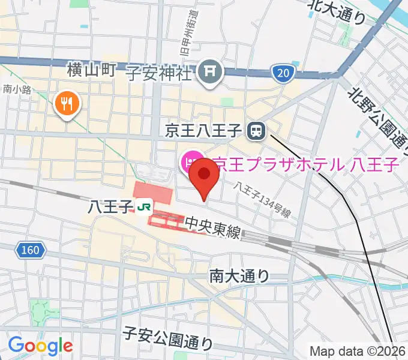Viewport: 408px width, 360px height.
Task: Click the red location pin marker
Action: pyautogui.click(x=205, y=175)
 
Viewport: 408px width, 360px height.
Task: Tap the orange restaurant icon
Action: pyautogui.click(x=67, y=104)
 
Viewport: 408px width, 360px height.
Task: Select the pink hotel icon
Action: pyautogui.click(x=189, y=161)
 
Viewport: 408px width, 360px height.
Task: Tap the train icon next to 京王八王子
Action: pyautogui.click(x=257, y=129)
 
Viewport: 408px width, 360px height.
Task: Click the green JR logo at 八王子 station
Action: pyautogui.click(x=143, y=208)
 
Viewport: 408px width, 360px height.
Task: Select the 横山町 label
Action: pyautogui.click(x=92, y=70)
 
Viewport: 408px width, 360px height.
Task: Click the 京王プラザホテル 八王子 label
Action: pyautogui.click(x=306, y=163)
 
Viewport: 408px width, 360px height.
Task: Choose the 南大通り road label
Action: pyautogui.click(x=239, y=276)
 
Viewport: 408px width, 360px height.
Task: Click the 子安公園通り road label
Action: pyautogui.click(x=167, y=338)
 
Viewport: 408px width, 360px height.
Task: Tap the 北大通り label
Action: pyautogui.click(x=336, y=11)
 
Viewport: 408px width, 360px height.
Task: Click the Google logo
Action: pyautogui.click(x=40, y=346)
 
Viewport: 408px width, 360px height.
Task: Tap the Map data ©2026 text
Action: pyautogui.click(x=356, y=350)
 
